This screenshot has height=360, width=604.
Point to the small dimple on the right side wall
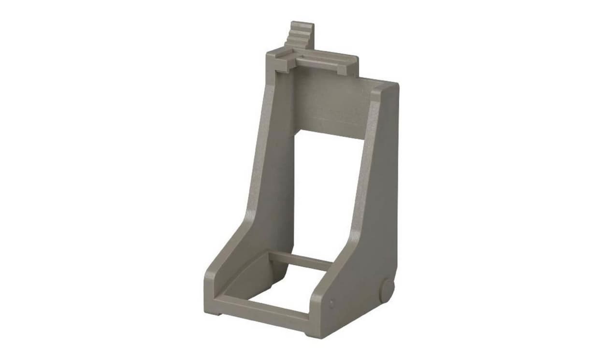tap(331, 304)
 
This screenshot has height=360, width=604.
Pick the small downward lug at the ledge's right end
tap(342, 70)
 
